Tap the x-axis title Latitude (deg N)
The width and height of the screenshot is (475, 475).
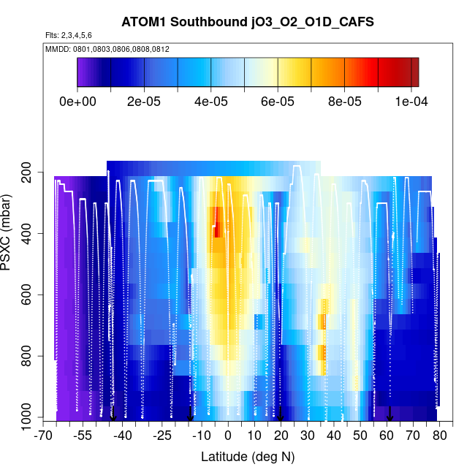pos(247,457)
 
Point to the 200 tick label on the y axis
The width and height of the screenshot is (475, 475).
pos(30,172)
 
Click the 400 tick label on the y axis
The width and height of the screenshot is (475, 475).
pos(30,234)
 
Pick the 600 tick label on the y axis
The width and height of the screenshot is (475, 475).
pos(30,295)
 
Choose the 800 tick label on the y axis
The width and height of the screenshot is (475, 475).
pos(30,357)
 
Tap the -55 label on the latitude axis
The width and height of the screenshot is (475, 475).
pos(83,436)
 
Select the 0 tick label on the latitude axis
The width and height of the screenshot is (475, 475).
pos(228,436)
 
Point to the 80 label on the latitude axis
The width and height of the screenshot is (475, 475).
pos(439,436)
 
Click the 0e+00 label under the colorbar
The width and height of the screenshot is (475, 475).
pos(77,101)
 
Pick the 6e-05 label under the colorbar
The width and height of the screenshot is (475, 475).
pos(278,101)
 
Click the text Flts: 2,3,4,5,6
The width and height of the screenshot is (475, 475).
pos(68,35)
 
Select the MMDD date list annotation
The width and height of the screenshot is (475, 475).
pos(107,48)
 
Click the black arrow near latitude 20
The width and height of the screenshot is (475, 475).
pos(280,414)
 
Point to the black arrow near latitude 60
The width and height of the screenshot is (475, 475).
pos(389,414)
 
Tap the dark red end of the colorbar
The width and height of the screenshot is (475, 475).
pos(414,72)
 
